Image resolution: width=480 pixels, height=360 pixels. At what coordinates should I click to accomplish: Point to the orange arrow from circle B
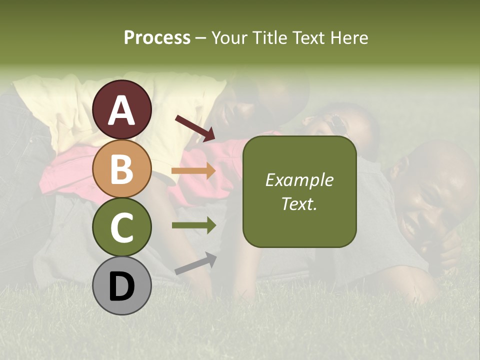[x=193, y=171]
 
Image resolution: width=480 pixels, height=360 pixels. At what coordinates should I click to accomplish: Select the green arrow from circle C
[x=193, y=225]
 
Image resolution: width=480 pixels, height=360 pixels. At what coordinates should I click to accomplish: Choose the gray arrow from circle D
[x=195, y=263]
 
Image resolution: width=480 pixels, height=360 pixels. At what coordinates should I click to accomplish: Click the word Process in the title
[x=157, y=38]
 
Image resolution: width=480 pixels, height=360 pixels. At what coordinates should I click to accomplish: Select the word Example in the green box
[x=299, y=180]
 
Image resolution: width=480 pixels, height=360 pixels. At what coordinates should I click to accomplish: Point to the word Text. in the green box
[x=299, y=203]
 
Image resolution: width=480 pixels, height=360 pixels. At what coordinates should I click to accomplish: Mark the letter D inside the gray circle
[x=121, y=287]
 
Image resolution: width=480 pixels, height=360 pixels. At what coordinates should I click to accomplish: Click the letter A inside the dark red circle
[x=121, y=110]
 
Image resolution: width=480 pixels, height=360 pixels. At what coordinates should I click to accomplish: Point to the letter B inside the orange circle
[x=121, y=169]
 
